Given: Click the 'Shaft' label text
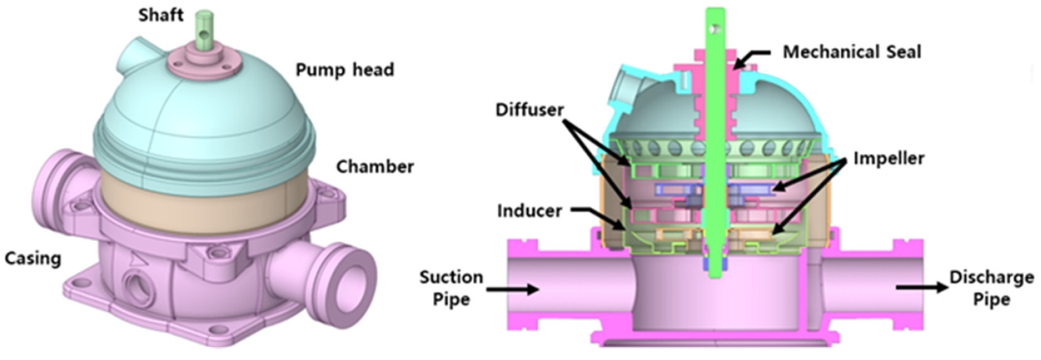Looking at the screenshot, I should coord(160,15).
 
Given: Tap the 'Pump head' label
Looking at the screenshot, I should coord(344,70).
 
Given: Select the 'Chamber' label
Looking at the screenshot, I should coord(375,166).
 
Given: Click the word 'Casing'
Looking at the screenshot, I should coord(32,258).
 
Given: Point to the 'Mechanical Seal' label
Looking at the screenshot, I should coord(851,51).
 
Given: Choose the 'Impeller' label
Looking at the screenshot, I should coord(888,158).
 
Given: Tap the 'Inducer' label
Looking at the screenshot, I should coord(529,211).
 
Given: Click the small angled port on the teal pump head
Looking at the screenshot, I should coord(130,56).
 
